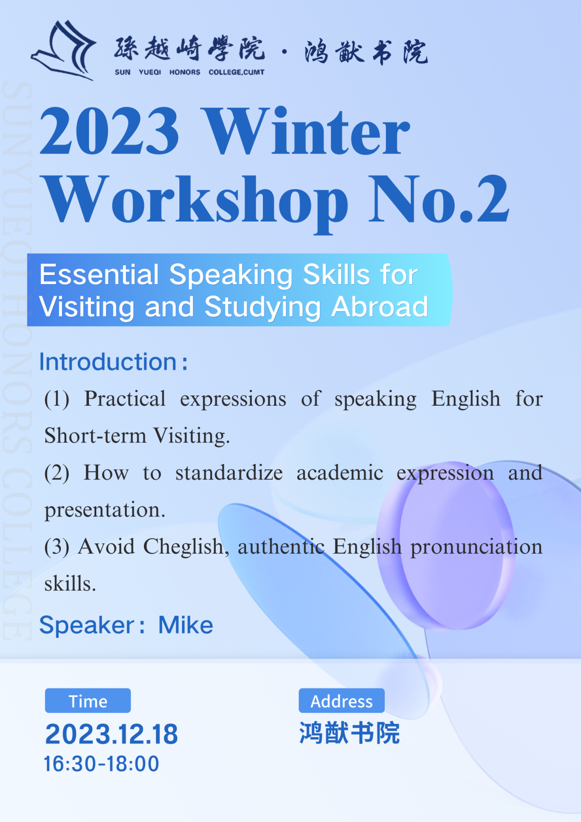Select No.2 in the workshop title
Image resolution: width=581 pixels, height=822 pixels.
point(439,199)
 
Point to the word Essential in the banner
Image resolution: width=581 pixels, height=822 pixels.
point(99,275)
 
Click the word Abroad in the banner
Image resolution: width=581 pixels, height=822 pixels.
point(380,307)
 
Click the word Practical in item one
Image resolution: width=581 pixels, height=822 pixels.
point(125,399)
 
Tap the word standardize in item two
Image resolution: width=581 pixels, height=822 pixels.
point(229,473)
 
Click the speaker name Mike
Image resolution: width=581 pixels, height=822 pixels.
point(186,625)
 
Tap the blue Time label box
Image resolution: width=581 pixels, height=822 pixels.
point(88,700)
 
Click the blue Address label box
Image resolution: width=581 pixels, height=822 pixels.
point(341,700)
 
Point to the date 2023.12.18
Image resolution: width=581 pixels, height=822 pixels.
point(112,734)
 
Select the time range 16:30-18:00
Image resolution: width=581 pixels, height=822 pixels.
point(101,764)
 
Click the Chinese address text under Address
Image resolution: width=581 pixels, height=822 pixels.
point(349,733)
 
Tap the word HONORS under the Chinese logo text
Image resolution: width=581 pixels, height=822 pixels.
point(185,72)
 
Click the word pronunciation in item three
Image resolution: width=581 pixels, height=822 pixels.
point(477,547)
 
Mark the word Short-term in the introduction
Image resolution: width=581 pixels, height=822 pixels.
point(95,436)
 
